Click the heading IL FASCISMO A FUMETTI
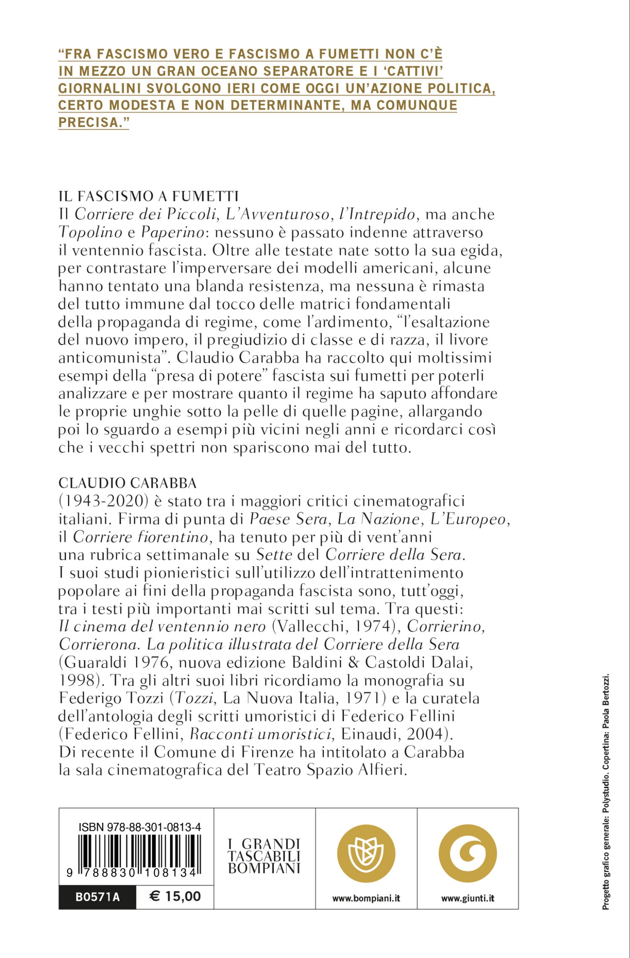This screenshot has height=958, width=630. pyautogui.click(x=149, y=196)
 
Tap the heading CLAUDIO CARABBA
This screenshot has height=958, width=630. pyautogui.click(x=128, y=483)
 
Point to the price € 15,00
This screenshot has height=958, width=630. pyautogui.click(x=175, y=896)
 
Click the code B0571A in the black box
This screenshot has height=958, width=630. pyautogui.click(x=97, y=897)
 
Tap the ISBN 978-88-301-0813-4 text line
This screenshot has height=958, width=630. pyautogui.click(x=140, y=827)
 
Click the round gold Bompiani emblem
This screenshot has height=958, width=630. pyautogui.click(x=366, y=853)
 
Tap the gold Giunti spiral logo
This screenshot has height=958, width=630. pyautogui.click(x=467, y=853)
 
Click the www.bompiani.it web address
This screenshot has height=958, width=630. pyautogui.click(x=366, y=898)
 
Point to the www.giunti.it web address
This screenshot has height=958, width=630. pyautogui.click(x=467, y=898)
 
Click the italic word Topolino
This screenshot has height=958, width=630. pyautogui.click(x=90, y=232)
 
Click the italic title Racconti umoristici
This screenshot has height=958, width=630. pyautogui.click(x=261, y=734)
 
